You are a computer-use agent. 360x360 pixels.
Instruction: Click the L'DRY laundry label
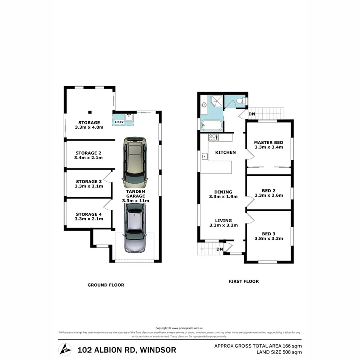tap(118, 122)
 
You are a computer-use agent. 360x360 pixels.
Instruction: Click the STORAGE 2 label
tap(88, 155)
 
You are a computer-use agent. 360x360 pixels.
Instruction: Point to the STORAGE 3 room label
tap(89, 184)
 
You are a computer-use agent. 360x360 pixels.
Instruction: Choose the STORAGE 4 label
tap(89, 216)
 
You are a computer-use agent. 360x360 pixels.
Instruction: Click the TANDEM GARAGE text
tap(135, 196)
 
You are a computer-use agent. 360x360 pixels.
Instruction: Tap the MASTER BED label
tap(268, 144)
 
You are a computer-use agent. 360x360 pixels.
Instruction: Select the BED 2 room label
tap(268, 192)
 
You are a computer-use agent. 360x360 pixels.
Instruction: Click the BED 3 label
tap(268, 236)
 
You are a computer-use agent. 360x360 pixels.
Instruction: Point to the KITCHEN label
tap(225, 152)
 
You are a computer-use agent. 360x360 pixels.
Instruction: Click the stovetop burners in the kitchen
tap(214, 137)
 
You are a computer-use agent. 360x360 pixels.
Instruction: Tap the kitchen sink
tap(205, 156)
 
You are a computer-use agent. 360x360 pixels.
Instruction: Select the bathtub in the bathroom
tap(212, 125)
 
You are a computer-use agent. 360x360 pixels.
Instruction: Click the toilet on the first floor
tap(240, 101)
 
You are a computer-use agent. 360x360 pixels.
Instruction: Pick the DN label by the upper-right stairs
tap(251, 114)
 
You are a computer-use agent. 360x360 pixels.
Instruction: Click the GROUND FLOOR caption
tap(106, 285)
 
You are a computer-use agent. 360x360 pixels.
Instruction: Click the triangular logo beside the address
tap(65, 350)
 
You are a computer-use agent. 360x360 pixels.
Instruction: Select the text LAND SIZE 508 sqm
tap(279, 352)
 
